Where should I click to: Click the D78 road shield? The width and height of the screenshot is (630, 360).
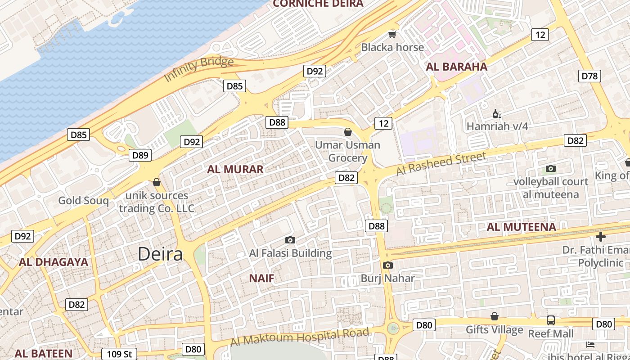(x=589, y=76)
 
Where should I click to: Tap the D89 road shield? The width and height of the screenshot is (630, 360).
(x=140, y=155)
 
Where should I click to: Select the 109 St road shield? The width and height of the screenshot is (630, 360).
(x=119, y=354)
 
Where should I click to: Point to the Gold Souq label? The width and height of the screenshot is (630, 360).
(x=83, y=201)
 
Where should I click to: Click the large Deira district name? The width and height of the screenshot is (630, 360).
(x=160, y=254)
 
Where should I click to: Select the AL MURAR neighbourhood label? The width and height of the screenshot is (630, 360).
(x=235, y=170)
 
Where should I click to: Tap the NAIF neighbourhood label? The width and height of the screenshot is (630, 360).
(x=261, y=278)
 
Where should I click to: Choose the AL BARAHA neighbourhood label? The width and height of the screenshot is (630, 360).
(x=456, y=67)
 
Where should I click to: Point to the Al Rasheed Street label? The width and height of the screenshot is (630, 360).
(x=441, y=164)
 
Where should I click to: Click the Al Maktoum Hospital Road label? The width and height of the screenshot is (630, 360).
(x=300, y=337)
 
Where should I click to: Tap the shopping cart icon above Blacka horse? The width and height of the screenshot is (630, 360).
(x=392, y=35)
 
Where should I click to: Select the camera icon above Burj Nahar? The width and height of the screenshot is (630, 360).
(x=387, y=265)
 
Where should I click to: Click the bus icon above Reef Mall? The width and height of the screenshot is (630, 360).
(x=550, y=320)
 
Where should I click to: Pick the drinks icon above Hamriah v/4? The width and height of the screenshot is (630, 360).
(x=497, y=113)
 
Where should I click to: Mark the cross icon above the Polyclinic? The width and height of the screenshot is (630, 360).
(x=600, y=237)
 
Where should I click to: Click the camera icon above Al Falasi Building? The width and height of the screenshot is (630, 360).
(x=290, y=240)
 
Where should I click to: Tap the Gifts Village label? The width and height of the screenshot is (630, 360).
(x=494, y=330)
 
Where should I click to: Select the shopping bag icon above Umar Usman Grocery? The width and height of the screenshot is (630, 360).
(x=347, y=132)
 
